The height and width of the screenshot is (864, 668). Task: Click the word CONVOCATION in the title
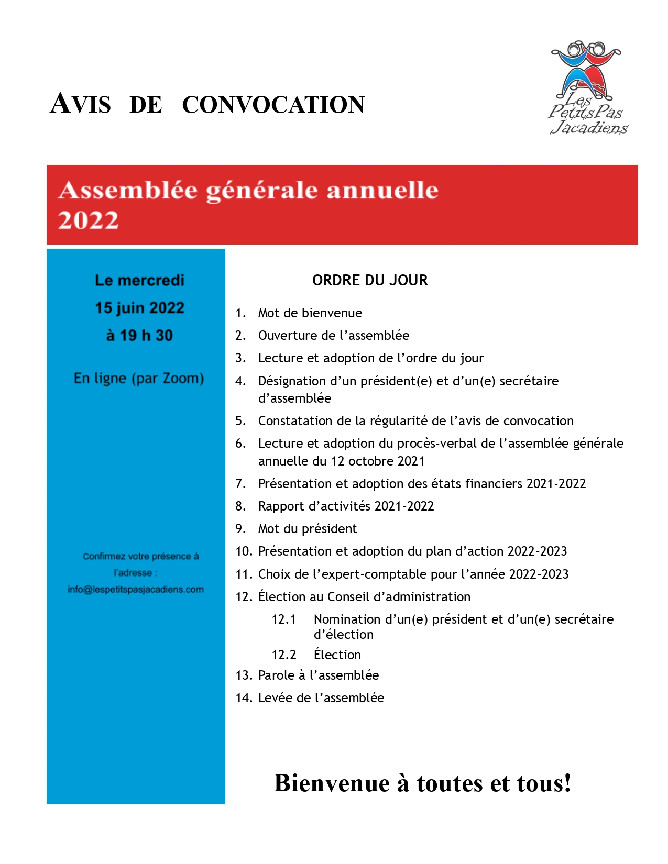point(273,105)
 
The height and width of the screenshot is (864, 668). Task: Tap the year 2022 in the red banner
point(89,220)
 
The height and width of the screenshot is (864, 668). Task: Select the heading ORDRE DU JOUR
point(370,280)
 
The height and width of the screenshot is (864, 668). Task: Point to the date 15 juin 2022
point(139,308)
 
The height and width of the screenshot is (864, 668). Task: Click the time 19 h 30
point(146,336)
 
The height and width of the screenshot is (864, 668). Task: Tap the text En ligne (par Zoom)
point(139,378)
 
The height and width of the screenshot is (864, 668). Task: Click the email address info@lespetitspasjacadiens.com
point(136,590)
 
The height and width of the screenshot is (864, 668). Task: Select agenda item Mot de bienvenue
point(310,313)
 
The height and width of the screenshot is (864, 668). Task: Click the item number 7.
point(240,483)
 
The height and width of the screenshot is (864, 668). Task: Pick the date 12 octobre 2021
point(377,461)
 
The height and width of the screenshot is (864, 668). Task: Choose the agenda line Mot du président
point(308,529)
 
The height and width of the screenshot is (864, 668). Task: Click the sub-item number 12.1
point(283,619)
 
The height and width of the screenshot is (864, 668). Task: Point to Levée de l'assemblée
point(321,698)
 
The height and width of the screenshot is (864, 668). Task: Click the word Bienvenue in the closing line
point(332,783)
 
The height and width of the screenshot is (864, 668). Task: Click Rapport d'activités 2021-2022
point(346,506)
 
